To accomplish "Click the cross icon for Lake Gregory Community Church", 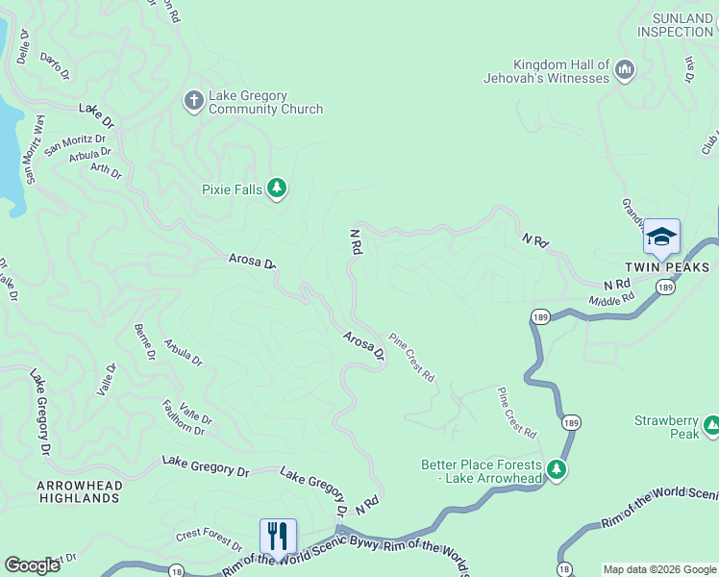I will click(192, 99).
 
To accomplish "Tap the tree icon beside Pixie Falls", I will click(277, 188).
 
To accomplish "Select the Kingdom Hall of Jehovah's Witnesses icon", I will click(626, 69).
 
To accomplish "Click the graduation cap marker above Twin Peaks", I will click(661, 237).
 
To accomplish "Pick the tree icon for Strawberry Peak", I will click(712, 424).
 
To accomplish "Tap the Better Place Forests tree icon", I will click(556, 469).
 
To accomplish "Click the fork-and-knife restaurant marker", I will click(278, 536).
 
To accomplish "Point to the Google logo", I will click(32, 565).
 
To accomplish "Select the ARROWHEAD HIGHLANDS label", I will click(79, 491).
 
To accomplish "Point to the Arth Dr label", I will click(106, 171).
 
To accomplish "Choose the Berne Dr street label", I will click(145, 342).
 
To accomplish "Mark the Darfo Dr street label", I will click(56, 65).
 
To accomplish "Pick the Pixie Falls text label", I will click(232, 189).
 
